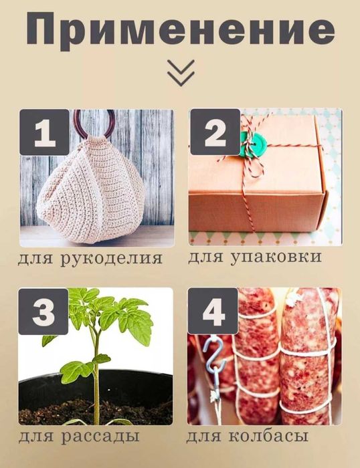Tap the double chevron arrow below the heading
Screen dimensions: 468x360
click(181, 72)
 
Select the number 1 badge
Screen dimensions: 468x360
click(44, 133)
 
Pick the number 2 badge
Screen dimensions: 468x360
click(214, 133)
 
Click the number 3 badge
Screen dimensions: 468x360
click(44, 311)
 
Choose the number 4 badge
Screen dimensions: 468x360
click(213, 311)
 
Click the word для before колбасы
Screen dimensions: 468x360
click(205, 437)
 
